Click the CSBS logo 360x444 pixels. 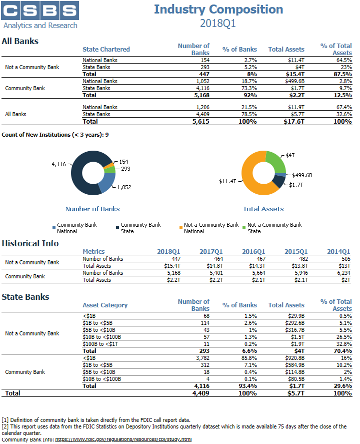point(40,15)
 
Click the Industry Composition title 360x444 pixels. point(218,10)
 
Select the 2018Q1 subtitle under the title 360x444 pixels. point(218,23)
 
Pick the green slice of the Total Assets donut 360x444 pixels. point(276,161)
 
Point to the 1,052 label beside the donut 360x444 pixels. point(124,187)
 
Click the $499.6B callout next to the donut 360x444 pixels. point(302,175)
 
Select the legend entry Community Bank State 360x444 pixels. point(138,228)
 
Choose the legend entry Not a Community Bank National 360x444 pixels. point(209,228)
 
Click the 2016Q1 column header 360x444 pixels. point(253,251)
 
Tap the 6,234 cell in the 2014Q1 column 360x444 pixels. point(343,273)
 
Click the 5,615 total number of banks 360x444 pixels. point(201,122)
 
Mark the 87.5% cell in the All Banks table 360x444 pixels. point(342,74)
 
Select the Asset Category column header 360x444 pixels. point(105,305)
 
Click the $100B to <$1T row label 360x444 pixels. point(100,344)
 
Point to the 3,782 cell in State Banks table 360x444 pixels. point(203,358)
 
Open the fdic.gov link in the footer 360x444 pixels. point(123,439)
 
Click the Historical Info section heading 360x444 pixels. point(30,243)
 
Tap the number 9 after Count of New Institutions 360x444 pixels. point(107,135)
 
